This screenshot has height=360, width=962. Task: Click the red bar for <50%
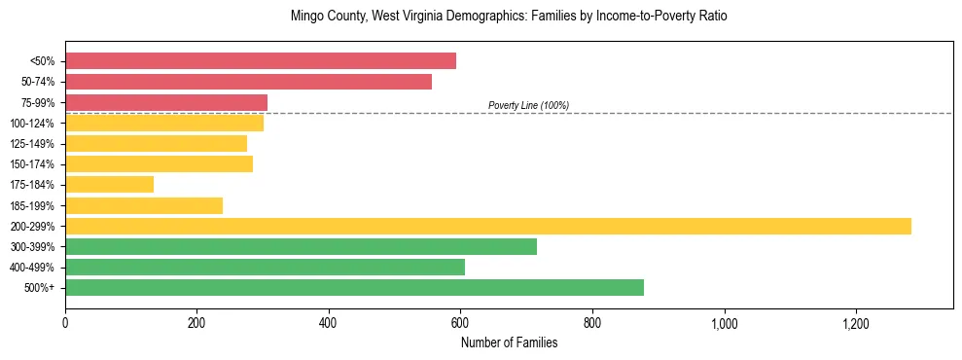(261, 61)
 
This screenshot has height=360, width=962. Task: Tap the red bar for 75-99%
(166, 102)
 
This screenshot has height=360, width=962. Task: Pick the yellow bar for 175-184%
(109, 184)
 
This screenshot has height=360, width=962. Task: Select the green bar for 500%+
(354, 287)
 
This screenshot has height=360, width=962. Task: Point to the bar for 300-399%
(301, 246)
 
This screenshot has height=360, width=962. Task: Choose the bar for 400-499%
(265, 267)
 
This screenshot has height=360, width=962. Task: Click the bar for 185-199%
(144, 205)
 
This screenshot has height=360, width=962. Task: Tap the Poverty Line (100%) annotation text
(528, 105)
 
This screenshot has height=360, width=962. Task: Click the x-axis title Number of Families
(509, 342)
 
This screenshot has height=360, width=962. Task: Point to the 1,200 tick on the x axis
(856, 323)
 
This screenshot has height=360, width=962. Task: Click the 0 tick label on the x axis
(65, 323)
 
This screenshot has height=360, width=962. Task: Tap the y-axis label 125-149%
(32, 144)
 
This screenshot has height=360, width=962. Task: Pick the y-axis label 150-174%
(32, 164)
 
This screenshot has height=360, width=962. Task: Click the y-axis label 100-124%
(32, 124)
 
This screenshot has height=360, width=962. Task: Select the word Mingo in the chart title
(305, 17)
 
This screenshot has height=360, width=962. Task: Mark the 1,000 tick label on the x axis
(724, 323)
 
